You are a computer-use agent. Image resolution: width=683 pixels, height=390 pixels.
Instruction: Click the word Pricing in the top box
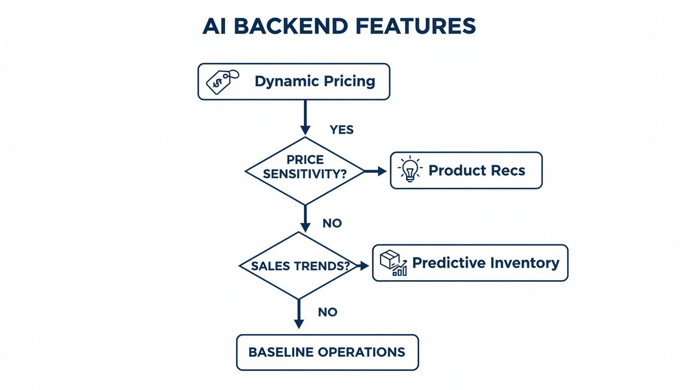(349, 81)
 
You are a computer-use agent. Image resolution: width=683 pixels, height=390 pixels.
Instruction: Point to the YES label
(341, 130)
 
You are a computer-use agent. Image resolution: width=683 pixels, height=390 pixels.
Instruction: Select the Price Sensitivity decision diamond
(305, 171)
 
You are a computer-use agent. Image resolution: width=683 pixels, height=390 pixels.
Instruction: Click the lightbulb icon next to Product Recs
(409, 171)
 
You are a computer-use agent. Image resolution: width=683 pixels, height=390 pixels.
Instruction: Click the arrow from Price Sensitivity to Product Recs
(376, 171)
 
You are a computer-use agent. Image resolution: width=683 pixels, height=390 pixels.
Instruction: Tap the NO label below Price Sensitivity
(332, 223)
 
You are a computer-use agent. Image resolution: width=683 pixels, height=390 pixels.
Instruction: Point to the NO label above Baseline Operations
(328, 312)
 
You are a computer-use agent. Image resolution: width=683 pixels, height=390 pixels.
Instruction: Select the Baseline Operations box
(327, 352)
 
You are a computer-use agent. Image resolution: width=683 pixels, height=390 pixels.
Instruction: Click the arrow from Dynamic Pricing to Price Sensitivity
(305, 117)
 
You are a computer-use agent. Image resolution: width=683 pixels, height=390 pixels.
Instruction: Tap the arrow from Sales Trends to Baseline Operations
(299, 314)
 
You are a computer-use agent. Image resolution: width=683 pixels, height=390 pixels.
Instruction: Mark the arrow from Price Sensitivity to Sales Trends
(305, 218)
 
